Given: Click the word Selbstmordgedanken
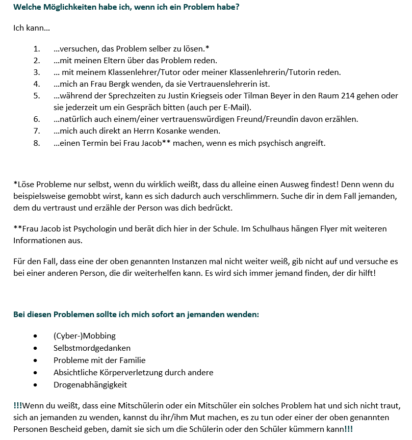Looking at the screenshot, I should click(x=92, y=348).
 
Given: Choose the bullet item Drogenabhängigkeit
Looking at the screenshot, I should click(x=90, y=384).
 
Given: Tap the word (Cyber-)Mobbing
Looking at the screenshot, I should click(x=85, y=335).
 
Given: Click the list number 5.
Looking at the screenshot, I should click(x=37, y=96).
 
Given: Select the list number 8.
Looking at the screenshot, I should click(x=37, y=143).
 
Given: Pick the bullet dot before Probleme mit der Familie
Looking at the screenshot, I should click(x=35, y=360).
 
